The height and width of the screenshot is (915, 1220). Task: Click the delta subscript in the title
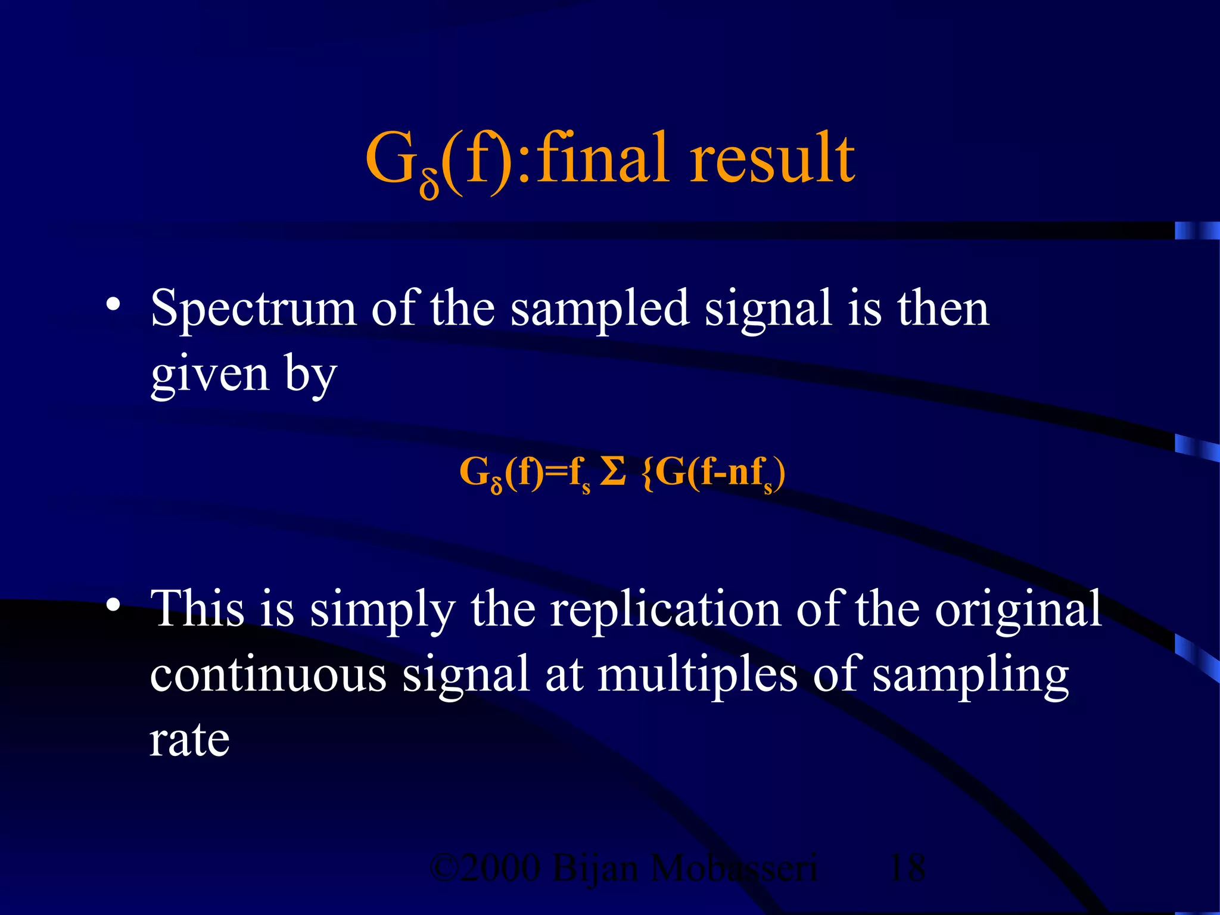pyautogui.click(x=430, y=185)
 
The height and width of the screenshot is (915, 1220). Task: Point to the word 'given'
pyautogui.click(x=210, y=375)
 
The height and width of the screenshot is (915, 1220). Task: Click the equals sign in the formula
pyautogui.click(x=556, y=474)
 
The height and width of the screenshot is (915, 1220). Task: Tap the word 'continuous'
pyautogui.click(x=268, y=675)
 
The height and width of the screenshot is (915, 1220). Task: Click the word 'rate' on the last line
pyautogui.click(x=189, y=740)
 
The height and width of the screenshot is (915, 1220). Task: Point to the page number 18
pyautogui.click(x=907, y=868)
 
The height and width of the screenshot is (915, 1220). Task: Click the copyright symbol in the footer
pyautogui.click(x=443, y=868)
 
